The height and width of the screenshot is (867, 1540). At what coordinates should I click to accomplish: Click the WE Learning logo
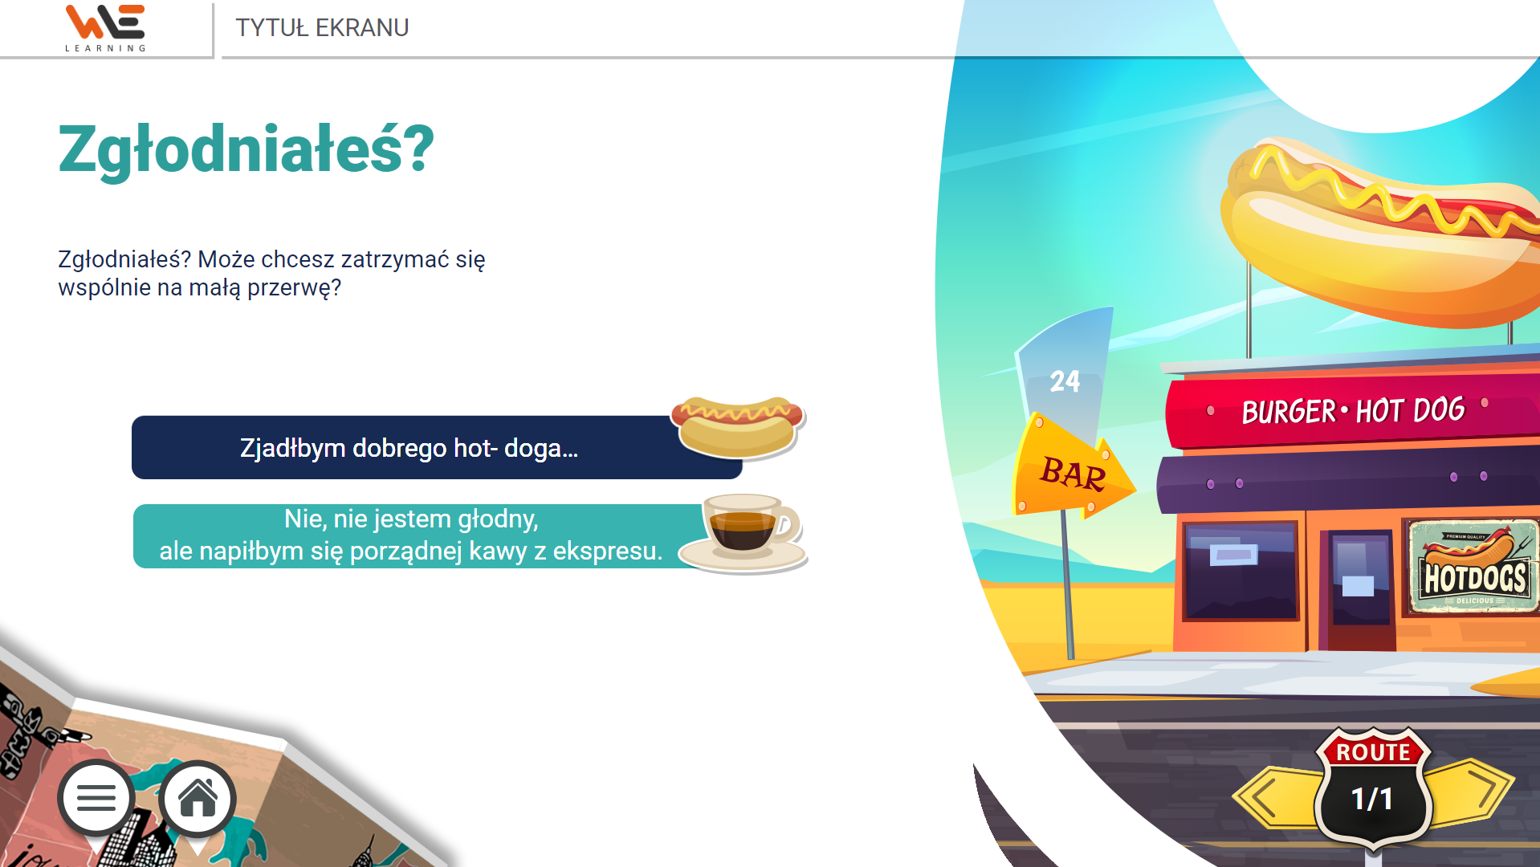[105, 28]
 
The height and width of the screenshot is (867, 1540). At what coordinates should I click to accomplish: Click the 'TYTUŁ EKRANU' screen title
[322, 28]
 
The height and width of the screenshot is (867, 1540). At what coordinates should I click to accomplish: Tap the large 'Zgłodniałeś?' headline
[246, 150]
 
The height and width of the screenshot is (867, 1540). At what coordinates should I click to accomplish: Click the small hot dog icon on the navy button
[738, 426]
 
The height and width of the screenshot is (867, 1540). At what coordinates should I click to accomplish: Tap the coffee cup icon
[744, 533]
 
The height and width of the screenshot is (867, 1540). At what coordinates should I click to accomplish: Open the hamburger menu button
[96, 798]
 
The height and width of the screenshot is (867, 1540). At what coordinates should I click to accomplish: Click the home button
[198, 798]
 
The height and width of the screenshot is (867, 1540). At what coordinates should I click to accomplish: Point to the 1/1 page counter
[1372, 799]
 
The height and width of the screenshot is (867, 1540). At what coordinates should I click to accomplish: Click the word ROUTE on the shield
[1373, 752]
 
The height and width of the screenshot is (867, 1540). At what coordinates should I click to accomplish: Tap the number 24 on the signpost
[1065, 381]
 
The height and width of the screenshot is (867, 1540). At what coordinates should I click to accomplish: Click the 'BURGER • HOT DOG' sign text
[1353, 410]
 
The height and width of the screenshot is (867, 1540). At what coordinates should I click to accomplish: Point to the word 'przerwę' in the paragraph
[294, 287]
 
